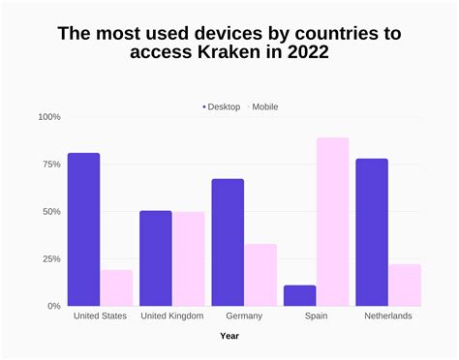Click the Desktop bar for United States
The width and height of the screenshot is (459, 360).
click(x=83, y=229)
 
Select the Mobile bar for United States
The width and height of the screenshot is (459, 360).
click(x=116, y=287)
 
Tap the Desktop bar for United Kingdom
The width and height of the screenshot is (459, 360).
click(x=155, y=258)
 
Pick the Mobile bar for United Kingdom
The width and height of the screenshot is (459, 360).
click(x=189, y=258)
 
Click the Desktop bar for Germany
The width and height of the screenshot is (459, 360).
click(x=228, y=242)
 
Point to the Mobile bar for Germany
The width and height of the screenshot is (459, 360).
click(x=260, y=275)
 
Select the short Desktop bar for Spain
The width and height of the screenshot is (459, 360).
click(x=300, y=295)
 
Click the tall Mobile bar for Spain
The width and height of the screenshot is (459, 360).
click(x=332, y=222)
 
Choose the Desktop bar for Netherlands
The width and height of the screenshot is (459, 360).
click(x=372, y=232)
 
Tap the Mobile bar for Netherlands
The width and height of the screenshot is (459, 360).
click(x=405, y=285)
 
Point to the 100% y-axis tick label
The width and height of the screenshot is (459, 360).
click(x=47, y=117)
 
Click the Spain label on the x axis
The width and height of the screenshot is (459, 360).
click(x=317, y=316)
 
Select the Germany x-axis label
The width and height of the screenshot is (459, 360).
click(x=244, y=316)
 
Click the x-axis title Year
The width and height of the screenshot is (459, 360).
click(x=229, y=337)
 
